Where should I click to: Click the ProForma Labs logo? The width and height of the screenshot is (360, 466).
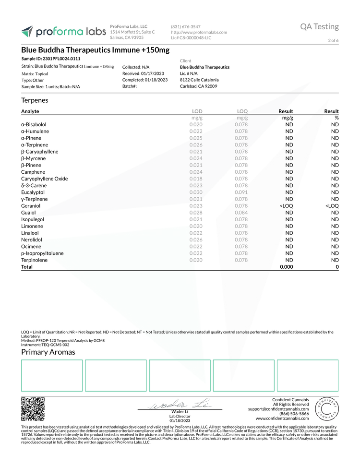tap(63, 32)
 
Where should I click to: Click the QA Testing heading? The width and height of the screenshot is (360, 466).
tap(319, 26)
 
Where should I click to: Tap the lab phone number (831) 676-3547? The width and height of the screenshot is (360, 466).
tap(186, 26)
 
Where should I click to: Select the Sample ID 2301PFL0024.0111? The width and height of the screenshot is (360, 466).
tap(51, 59)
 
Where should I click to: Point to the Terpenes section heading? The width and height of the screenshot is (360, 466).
tap(35, 100)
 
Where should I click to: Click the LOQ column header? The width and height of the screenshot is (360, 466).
tap(242, 111)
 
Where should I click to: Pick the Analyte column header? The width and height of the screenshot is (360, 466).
tap(30, 111)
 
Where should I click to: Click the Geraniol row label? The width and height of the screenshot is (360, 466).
tap(31, 206)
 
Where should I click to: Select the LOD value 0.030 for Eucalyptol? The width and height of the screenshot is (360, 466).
tap(196, 192)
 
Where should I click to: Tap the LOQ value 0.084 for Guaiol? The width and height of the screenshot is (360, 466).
tap(241, 213)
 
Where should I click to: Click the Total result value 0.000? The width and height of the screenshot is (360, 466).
tap(286, 267)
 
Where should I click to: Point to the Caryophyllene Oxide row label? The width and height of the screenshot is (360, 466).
tap(44, 179)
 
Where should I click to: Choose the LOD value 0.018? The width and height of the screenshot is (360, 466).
tap(196, 179)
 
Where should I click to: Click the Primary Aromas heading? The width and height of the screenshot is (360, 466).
tap(48, 352)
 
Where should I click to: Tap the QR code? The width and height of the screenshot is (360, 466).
tap(33, 409)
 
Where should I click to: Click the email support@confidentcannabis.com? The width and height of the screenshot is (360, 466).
tap(278, 409)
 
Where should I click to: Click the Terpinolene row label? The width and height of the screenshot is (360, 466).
tap(34, 260)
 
